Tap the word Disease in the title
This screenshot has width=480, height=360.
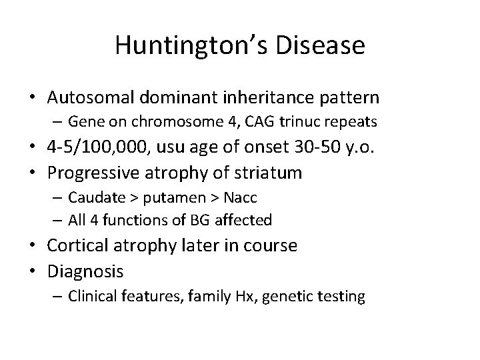(x=327, y=46)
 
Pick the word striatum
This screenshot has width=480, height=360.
(x=270, y=173)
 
